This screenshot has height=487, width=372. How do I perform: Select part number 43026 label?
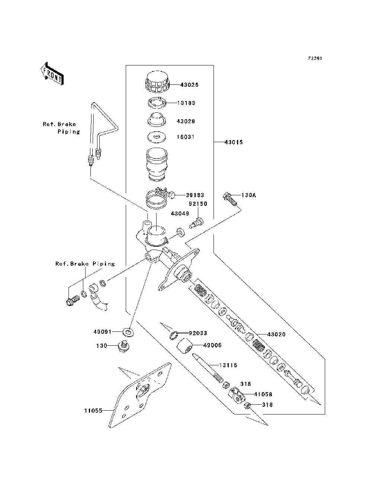click(189, 85)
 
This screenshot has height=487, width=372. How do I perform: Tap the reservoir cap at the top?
click(157, 81)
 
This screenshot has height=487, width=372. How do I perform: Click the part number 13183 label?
click(186, 103)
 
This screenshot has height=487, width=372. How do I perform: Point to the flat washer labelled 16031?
click(157, 137)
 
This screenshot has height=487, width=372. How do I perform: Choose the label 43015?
click(234, 142)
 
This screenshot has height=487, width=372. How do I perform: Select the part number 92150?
click(198, 204)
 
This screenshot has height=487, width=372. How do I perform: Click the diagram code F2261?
click(315, 58)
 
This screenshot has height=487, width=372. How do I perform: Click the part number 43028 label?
click(186, 121)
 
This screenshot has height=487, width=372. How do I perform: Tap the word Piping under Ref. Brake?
click(68, 132)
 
